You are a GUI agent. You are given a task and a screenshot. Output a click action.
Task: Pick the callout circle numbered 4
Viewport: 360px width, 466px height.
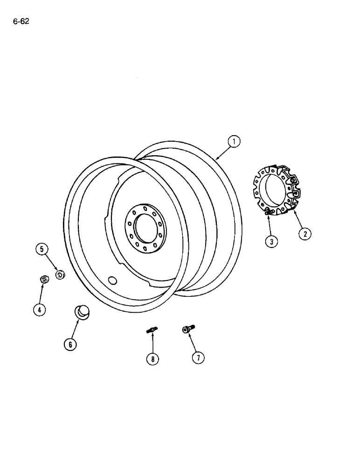coord(40,309)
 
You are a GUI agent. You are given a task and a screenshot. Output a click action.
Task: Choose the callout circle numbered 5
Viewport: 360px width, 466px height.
coord(42,250)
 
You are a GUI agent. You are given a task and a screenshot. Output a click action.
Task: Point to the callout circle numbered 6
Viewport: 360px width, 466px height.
coord(70,344)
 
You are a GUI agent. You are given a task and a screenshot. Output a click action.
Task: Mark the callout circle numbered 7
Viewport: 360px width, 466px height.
coord(198,357)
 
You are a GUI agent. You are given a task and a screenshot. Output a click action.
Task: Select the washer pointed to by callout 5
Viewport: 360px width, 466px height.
coord(59,274)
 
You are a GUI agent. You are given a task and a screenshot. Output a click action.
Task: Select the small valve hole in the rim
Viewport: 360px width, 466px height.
coord(112,280)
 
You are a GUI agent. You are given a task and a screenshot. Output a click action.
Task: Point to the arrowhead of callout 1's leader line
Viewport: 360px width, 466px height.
coord(216,160)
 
